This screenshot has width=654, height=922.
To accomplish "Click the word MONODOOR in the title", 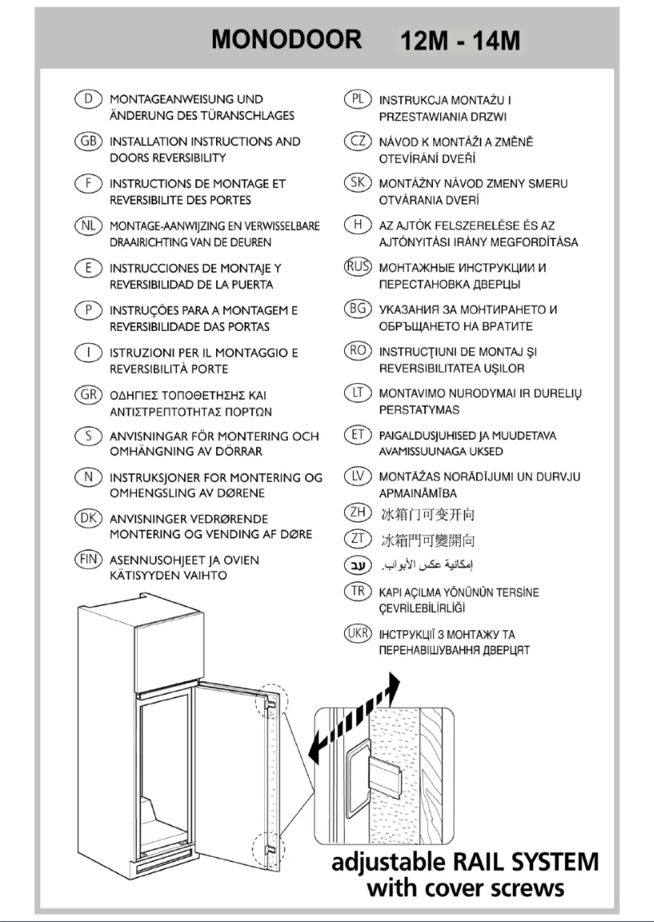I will pyautogui.click(x=286, y=40).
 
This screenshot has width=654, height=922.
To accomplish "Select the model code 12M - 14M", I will pyautogui.click(x=459, y=41).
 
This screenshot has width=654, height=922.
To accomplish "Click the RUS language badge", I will pyautogui.click(x=356, y=267).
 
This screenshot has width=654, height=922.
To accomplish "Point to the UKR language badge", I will pyautogui.click(x=356, y=634).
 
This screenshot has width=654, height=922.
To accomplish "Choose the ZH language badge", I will pyautogui.click(x=356, y=514).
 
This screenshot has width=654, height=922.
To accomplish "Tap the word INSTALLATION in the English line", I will pyautogui.click(x=153, y=141).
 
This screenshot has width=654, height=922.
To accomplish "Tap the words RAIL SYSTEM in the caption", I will pyautogui.click(x=515, y=862).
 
